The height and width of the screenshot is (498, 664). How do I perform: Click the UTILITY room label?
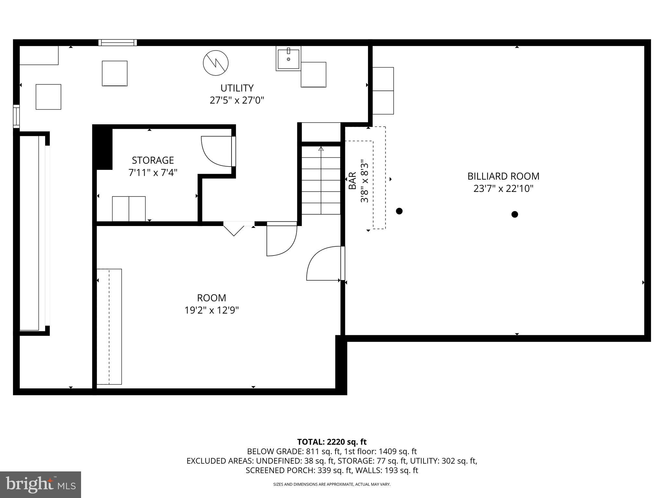coord(237,88)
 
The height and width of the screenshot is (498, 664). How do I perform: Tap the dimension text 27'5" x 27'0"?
coord(237,100)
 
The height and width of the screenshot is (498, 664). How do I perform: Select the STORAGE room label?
coord(153,160)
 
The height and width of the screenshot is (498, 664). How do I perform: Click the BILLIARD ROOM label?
coord(503,176)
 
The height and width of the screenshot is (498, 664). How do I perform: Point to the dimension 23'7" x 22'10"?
coord(503,189)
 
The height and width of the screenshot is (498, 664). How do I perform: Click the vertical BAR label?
coord(352,181)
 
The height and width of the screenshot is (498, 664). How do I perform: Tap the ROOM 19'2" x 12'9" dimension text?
coord(211,310)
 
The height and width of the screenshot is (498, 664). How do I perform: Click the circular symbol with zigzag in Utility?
coord(216,63)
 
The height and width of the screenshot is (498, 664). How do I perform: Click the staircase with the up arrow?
coord(321,180)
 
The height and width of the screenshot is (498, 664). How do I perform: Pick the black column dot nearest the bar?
coord(399,211)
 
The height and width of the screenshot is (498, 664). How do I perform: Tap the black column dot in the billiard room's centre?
coord(515,214)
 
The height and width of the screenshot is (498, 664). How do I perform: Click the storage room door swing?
coord(217,151)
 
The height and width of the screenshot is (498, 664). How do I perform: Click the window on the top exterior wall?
coord(118,42)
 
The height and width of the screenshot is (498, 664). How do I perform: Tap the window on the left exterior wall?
coord(16,116)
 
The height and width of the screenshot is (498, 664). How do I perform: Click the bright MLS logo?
coord(41,484)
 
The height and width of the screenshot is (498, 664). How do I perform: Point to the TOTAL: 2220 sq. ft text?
coord(332,442)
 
